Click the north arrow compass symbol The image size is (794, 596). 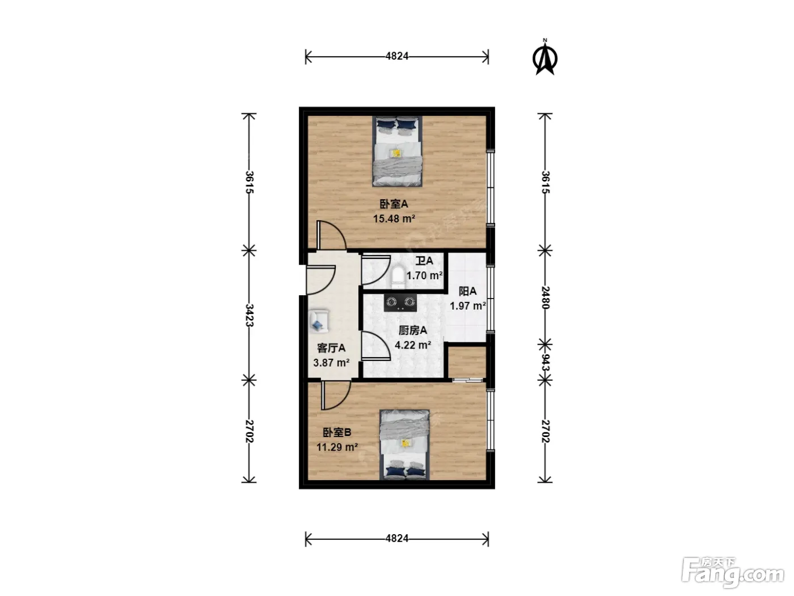tap(545, 58)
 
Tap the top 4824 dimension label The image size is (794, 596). tap(397, 56)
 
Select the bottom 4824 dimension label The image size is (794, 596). tap(397, 539)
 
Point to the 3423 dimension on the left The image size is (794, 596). tap(249, 315)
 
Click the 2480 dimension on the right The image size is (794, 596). tap(545, 297)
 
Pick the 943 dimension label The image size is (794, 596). tap(545, 362)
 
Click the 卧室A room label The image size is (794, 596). tap(394, 204)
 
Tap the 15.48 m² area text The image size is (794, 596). tap(394, 219)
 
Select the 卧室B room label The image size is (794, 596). tap(337, 432)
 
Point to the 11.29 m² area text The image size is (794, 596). tap(337, 447)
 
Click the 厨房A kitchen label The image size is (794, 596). tap(413, 330)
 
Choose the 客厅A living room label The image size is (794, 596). tap(331, 348)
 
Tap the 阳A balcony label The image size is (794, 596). tap(467, 291)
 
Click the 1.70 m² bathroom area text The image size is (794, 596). tap(424, 275)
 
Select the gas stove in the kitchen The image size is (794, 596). tap(400, 303)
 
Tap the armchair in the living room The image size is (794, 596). tap(319, 321)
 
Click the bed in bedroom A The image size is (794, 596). tap(397, 151)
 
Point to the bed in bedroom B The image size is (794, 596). tap(404, 445)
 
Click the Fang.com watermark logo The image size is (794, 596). tap(733, 570)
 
